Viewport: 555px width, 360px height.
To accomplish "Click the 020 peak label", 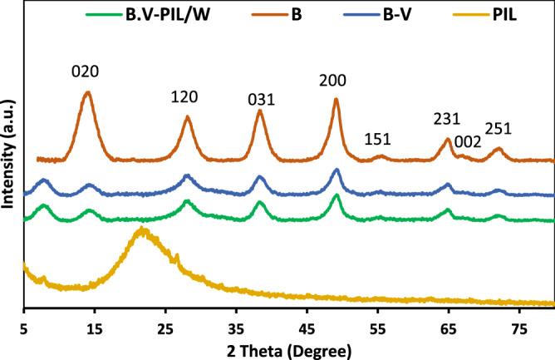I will tap(86, 72).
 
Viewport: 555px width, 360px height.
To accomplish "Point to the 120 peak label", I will tap(184, 96).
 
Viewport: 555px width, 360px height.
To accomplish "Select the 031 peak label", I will tap(261, 99).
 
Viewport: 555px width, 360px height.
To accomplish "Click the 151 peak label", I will tap(379, 138).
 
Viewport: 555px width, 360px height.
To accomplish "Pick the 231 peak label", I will tap(446, 120).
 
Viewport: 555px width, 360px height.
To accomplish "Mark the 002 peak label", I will tap(468, 141).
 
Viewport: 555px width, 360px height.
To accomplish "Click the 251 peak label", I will tap(499, 129).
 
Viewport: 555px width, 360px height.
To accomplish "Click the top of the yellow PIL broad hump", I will tap(143, 229).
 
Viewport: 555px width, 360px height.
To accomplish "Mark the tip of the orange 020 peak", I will tap(86, 92).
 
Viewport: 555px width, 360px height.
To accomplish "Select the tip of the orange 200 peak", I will tap(336, 99).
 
